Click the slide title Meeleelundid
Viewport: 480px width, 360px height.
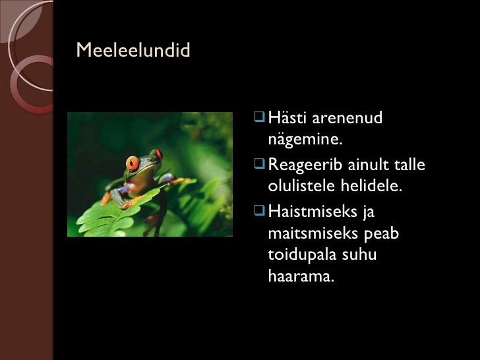click(133, 49)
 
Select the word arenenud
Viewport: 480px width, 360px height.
click(347, 117)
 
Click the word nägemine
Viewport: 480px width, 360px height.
click(305, 140)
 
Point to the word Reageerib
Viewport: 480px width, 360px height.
click(305, 165)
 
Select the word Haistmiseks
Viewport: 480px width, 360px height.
click(313, 212)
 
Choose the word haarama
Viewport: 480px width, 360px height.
click(301, 276)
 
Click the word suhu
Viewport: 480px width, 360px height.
click(359, 255)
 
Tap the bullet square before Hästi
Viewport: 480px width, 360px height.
click(259, 117)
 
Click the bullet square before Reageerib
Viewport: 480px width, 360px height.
click(259, 164)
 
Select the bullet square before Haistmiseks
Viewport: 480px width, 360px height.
click(259, 210)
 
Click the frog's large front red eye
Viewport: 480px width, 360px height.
click(133, 163)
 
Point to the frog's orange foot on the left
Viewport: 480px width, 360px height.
click(105, 198)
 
